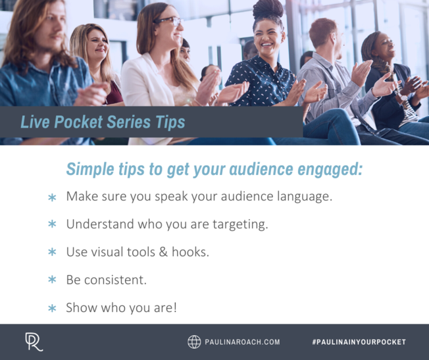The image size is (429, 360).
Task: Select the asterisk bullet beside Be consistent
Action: point(52,280)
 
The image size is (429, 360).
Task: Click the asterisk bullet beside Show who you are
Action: point(52,307)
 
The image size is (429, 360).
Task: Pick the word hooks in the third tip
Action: point(189,251)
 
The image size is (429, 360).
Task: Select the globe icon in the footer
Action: point(194,342)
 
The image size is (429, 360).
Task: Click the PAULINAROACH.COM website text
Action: point(243,342)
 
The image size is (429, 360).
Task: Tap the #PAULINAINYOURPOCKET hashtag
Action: point(359,342)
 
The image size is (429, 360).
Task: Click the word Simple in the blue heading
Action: point(91,169)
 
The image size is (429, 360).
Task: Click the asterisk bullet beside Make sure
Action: point(52,197)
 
